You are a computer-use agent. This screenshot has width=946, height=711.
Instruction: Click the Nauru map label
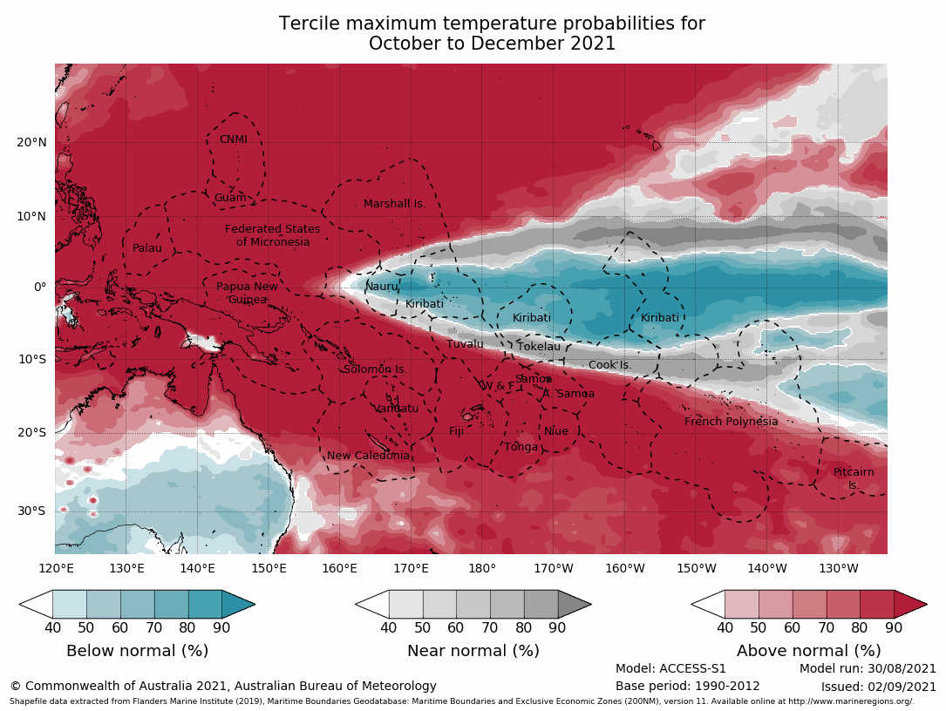tap(382, 287)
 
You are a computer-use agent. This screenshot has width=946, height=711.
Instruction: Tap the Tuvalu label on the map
tap(465, 344)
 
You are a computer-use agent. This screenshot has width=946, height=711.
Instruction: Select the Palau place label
tap(147, 248)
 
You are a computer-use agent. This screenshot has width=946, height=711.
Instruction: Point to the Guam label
tap(230, 198)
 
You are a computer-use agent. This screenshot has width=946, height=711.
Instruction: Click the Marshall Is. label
tap(394, 204)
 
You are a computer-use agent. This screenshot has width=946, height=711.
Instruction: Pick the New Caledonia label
tap(368, 456)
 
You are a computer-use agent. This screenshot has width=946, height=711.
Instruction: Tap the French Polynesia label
tap(731, 422)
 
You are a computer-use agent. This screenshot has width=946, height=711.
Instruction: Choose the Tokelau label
tap(539, 347)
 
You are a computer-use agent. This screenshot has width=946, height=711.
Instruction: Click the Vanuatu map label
tap(396, 409)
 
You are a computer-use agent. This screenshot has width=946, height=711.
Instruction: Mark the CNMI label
tap(233, 139)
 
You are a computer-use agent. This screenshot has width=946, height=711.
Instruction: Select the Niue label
tap(556, 431)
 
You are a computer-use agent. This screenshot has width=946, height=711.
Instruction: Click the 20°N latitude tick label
tap(31, 143)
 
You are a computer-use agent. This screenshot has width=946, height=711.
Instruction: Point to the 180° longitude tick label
tap(482, 569)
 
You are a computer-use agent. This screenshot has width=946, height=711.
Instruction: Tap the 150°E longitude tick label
tap(269, 569)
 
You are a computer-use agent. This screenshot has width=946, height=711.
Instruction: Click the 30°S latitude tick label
tap(31, 511)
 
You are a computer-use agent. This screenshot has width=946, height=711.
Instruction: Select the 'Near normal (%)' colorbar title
tap(473, 651)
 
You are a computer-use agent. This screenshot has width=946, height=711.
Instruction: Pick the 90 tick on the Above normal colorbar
tap(894, 626)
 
